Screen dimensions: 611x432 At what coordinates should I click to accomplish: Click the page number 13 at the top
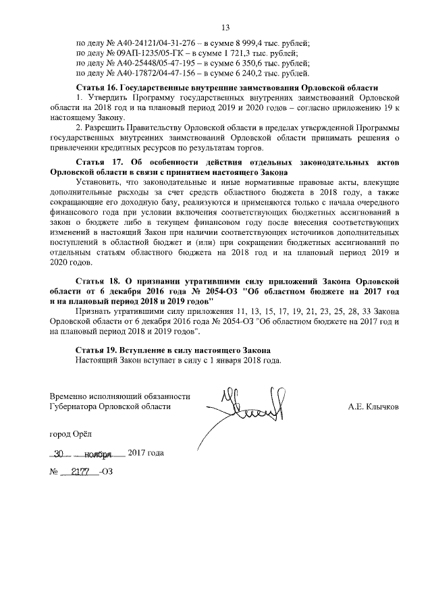225,26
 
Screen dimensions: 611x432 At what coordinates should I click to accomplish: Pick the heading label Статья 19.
98,351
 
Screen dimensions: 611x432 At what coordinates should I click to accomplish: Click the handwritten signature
250,408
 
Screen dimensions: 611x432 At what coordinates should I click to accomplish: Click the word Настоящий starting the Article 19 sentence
97,361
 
